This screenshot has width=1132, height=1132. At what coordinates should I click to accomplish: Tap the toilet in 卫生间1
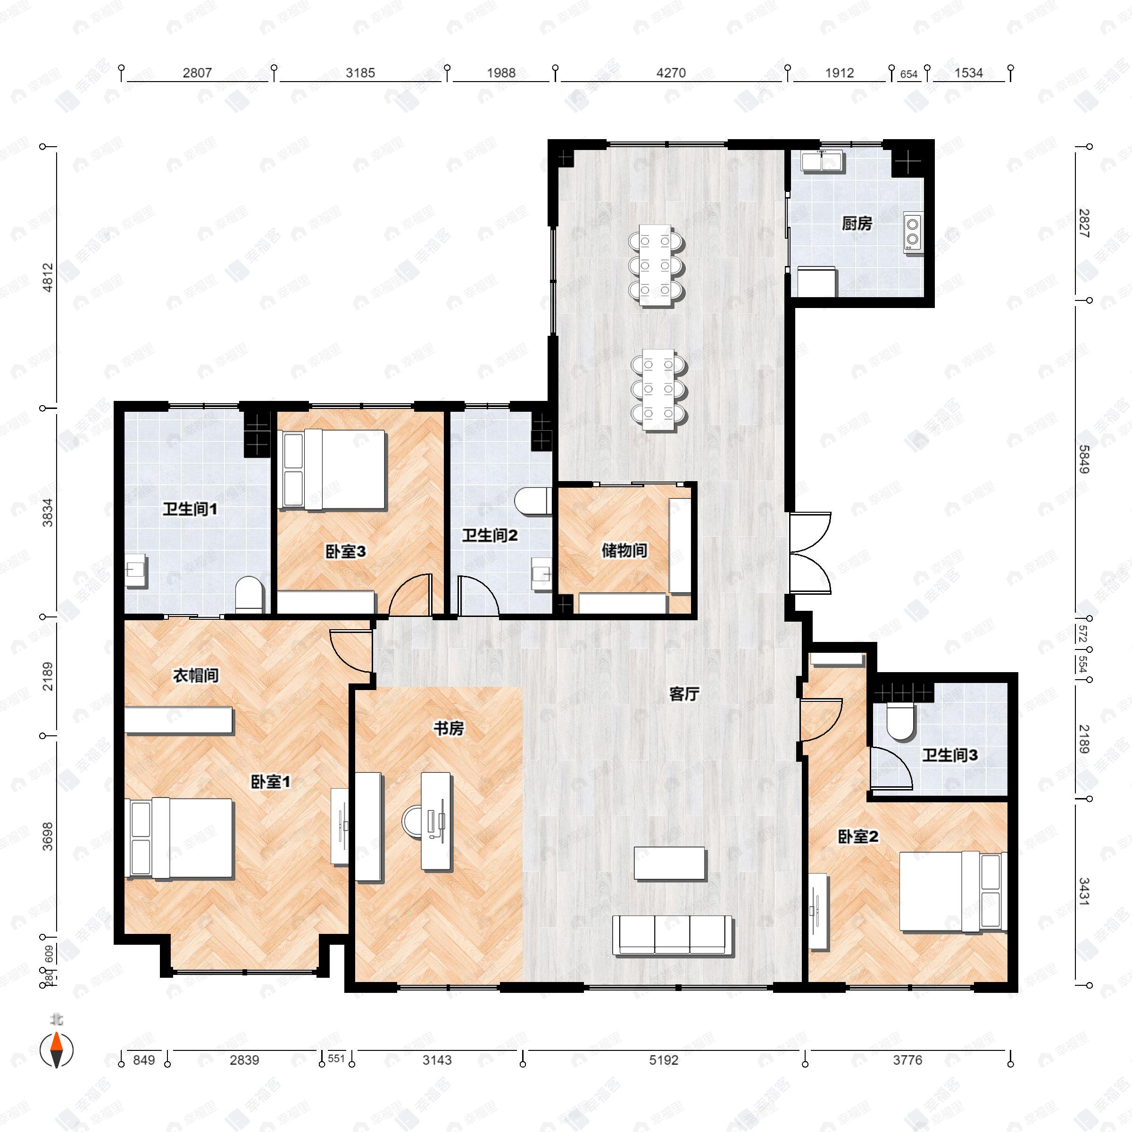(249, 594)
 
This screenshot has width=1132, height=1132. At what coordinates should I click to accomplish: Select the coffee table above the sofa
(670, 863)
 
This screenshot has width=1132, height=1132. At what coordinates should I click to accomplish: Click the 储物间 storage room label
(624, 550)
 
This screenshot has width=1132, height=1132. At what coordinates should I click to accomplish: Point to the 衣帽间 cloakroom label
(196, 675)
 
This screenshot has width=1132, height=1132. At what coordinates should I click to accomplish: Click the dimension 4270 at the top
(671, 73)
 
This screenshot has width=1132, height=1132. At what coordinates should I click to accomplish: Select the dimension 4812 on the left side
(48, 277)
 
